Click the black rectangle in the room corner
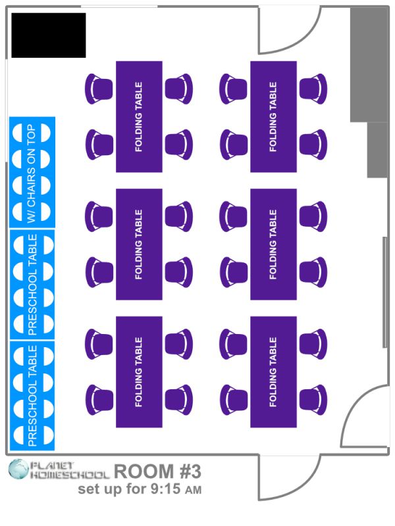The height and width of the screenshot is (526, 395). (x=49, y=34)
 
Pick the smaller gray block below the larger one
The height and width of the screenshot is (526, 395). (x=377, y=150)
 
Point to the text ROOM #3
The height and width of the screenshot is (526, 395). (x=157, y=471)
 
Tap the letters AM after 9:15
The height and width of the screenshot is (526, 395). (x=193, y=490)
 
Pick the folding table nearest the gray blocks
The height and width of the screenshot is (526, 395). (x=273, y=117)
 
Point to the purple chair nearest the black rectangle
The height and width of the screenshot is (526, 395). (x=99, y=89)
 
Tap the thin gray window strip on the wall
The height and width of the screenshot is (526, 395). (x=384, y=292)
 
